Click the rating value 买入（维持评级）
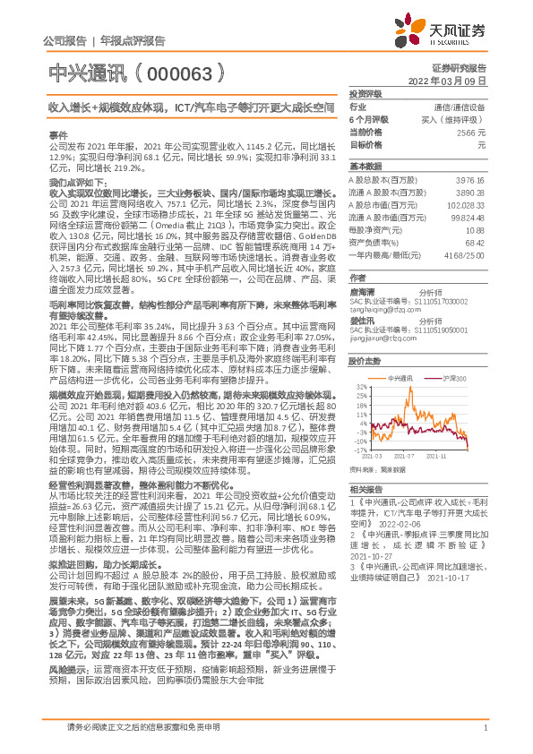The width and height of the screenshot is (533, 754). point(457,119)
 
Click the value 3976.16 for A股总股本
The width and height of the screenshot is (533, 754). point(470,179)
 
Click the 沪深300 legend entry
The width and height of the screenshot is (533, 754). point(456,380)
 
